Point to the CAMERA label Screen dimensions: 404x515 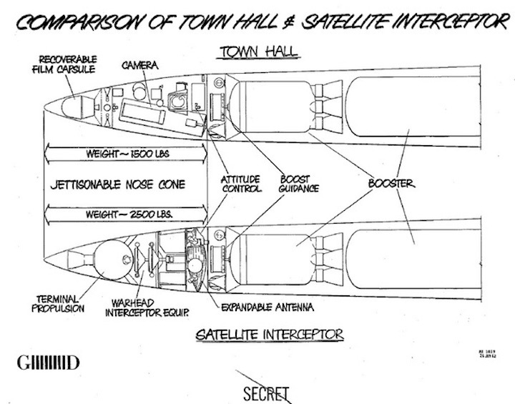tap(139, 65)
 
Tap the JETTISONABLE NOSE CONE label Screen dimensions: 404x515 tap(118, 184)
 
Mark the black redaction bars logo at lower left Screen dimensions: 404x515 tap(47, 363)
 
